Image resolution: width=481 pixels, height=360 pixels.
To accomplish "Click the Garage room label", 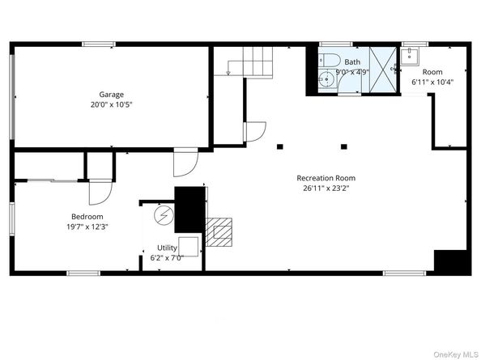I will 112,95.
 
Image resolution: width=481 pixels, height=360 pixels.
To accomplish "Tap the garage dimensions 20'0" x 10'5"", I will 112,105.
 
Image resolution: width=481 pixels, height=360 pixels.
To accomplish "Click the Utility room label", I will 168,248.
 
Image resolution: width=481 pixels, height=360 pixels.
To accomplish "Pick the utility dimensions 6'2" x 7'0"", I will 168,258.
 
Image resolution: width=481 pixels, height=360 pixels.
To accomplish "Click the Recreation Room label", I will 326,178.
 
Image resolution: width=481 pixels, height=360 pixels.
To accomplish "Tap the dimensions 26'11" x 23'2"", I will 326,188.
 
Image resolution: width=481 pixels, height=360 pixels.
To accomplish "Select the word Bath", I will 352,61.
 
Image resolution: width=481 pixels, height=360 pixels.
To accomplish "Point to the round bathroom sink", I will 326,79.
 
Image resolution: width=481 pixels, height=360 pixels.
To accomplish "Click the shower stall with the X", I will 383,71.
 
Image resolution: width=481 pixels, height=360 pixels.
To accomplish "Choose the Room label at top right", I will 432,71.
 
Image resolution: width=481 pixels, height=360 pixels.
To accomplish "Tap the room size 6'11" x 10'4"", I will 432,82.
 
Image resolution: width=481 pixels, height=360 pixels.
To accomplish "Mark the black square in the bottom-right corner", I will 452,262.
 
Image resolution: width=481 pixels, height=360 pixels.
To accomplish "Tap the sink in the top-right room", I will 411,56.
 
